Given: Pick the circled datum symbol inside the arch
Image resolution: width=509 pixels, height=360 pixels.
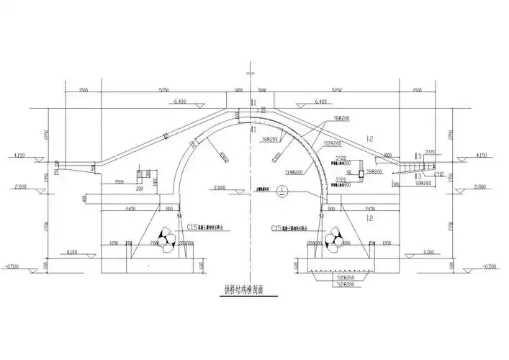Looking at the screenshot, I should [x=283, y=192].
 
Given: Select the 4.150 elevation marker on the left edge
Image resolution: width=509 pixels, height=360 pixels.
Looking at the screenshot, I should [x=19, y=155].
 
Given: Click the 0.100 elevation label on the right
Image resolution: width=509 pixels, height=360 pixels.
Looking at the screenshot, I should [x=429, y=252].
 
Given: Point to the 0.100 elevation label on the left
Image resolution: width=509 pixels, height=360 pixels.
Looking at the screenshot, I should [x=72, y=252].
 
